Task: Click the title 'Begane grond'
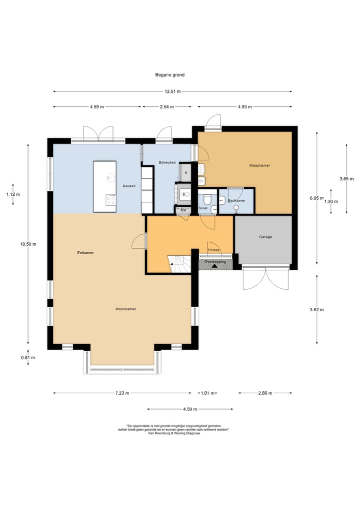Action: point(169,75)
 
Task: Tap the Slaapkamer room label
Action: point(259,165)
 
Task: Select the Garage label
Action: point(265,237)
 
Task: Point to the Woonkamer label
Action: point(126,309)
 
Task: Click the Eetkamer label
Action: point(85,253)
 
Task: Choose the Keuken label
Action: point(129,186)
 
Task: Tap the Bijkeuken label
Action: point(167,162)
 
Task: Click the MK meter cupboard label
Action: point(183,210)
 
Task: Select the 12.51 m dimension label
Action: point(172,92)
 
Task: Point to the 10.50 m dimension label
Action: point(28,244)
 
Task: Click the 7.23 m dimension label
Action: point(122,393)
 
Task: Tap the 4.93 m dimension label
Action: point(245,107)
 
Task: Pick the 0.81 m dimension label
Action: point(28,358)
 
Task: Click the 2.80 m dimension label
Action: point(265,393)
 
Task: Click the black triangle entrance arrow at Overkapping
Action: point(214,266)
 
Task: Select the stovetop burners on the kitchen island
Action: point(110,200)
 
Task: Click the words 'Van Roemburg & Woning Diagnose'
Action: point(174,433)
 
